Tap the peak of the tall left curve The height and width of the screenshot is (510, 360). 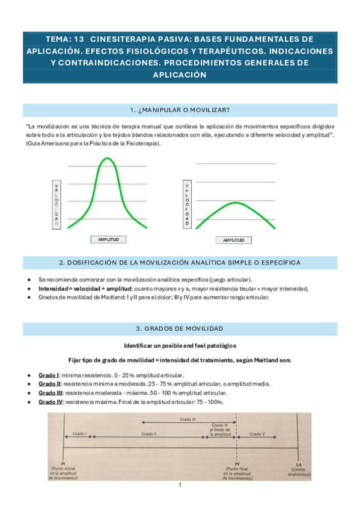(x=107, y=158)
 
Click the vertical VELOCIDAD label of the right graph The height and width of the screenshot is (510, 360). (x=187, y=204)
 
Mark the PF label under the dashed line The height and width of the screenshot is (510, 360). (x=237, y=463)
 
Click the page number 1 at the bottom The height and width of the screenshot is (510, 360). (x=180, y=485)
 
